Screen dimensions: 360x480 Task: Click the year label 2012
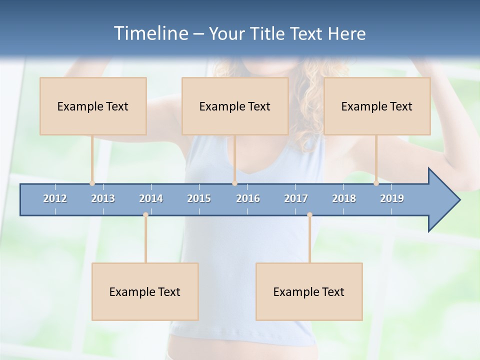55,198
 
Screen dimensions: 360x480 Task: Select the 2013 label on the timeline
103,198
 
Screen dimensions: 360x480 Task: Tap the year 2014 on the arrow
151,198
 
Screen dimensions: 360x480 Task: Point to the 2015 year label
199,198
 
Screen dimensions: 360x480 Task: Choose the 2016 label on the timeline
248,198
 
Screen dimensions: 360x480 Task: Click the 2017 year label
296,198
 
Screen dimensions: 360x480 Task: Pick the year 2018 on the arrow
344,198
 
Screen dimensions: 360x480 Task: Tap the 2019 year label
392,198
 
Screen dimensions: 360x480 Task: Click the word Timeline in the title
150,33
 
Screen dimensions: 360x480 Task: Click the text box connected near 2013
93,106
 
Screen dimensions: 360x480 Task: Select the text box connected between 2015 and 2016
235,106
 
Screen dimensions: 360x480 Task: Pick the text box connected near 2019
377,106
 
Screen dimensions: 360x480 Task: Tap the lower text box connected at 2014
145,291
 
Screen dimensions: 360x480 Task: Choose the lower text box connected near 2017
309,291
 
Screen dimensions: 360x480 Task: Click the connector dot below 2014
145,215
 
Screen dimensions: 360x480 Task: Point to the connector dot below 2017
309,215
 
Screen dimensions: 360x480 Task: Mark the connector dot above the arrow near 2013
92,183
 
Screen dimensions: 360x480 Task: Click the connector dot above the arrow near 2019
376,183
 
